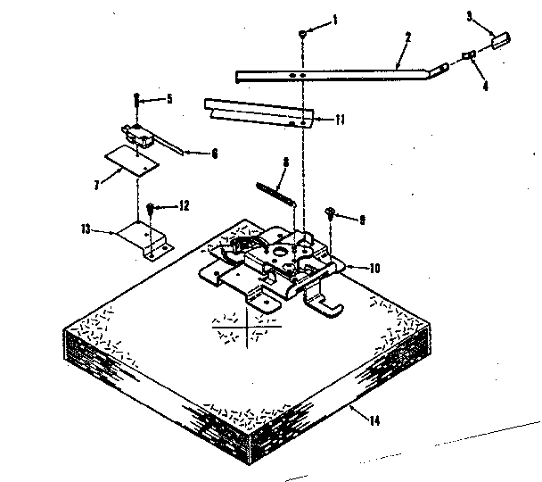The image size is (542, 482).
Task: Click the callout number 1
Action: (x=336, y=19)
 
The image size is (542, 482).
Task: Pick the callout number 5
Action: (x=168, y=98)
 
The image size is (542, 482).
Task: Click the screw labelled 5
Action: (x=136, y=101)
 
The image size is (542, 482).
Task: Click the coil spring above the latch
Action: (x=275, y=192)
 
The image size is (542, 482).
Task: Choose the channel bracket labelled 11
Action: (x=259, y=112)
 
